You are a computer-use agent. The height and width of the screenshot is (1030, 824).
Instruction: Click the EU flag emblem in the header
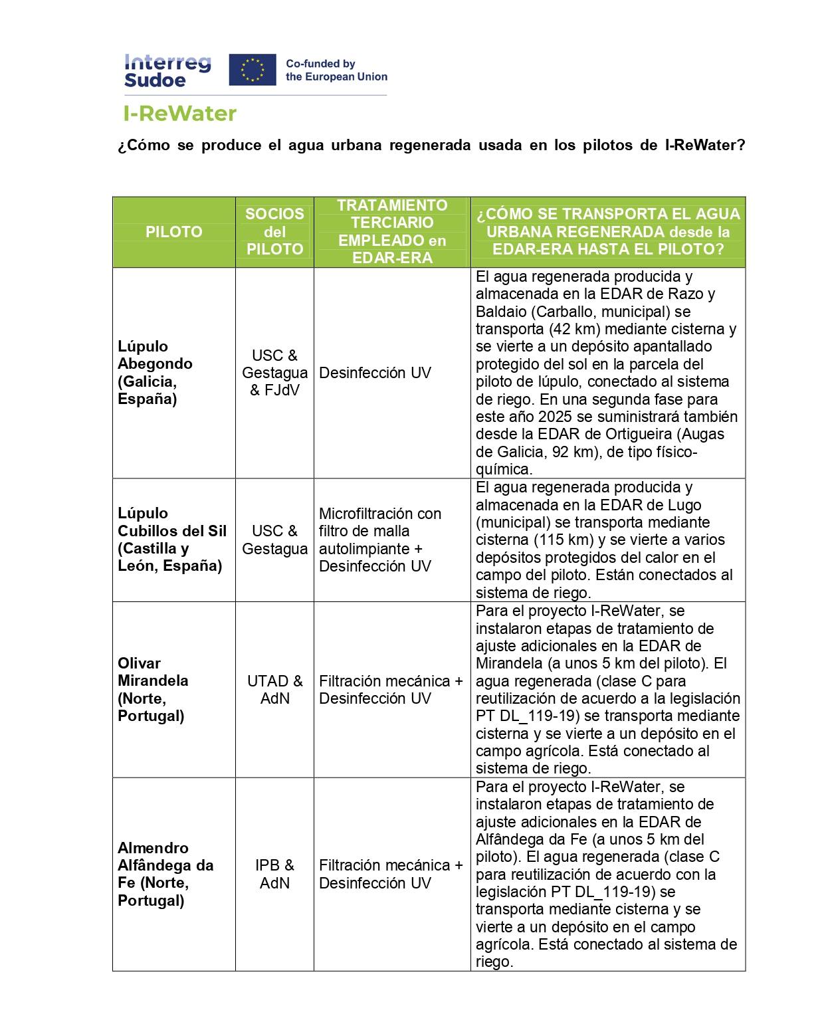pyautogui.click(x=252, y=70)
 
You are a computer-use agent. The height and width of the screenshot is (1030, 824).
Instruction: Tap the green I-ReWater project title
pyautogui.click(x=180, y=114)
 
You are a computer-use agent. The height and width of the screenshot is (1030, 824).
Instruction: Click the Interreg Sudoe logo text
pyautogui.click(x=167, y=71)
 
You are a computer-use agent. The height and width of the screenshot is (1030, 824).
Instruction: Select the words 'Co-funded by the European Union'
pyautogui.click(x=336, y=70)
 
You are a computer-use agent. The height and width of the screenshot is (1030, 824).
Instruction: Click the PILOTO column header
pyautogui.click(x=173, y=232)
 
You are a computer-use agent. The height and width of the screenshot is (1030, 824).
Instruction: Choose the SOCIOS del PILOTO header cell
pyautogui.click(x=274, y=231)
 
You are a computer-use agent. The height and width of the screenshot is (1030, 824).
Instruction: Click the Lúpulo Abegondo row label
pyautogui.click(x=155, y=372)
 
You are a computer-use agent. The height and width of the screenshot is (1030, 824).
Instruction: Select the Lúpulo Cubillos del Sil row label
pyautogui.click(x=171, y=540)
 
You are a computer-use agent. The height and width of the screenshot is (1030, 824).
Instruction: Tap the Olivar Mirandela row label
pyautogui.click(x=153, y=689)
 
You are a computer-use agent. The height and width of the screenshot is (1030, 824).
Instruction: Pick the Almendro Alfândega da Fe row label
pyautogui.click(x=165, y=874)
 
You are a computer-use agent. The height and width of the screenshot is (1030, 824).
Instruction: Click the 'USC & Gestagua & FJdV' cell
pyautogui.click(x=274, y=372)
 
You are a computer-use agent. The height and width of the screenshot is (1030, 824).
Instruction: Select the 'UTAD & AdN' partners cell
pyautogui.click(x=274, y=690)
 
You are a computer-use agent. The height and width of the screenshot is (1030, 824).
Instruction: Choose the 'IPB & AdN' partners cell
pyautogui.click(x=274, y=874)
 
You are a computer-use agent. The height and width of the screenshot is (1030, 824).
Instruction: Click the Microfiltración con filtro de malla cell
pyautogui.click(x=379, y=540)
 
